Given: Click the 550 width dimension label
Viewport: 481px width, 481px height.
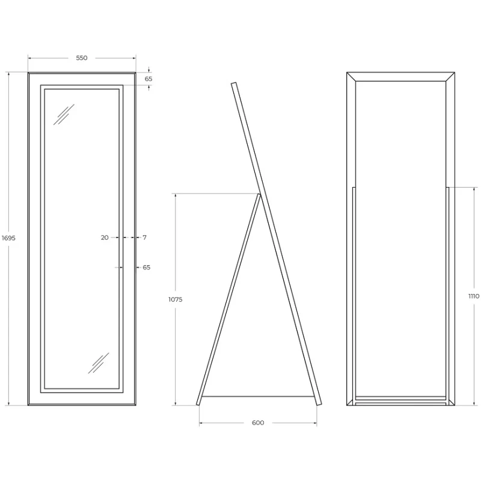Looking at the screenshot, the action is click(x=82, y=58).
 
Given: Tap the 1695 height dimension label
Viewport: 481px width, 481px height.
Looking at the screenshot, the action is click(x=8, y=237).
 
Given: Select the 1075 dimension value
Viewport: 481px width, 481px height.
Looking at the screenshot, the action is click(x=175, y=299).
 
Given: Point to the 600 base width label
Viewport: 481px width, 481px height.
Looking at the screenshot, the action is click(x=258, y=423).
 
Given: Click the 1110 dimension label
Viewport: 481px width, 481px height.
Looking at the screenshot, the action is click(x=474, y=296).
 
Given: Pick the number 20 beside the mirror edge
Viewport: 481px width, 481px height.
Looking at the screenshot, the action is click(x=105, y=237).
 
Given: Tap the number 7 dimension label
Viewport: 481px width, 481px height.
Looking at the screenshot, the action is click(x=145, y=237).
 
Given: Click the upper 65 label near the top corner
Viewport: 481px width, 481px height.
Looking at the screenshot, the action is click(x=149, y=79).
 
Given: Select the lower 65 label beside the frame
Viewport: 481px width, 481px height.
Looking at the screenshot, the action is click(x=147, y=268).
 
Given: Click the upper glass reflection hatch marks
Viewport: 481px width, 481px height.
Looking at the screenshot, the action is click(x=64, y=114).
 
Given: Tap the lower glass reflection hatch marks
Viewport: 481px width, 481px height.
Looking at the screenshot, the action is click(x=99, y=363).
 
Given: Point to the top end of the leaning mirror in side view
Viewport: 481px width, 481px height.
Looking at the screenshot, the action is click(x=234, y=83).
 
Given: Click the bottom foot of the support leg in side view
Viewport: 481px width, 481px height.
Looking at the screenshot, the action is click(x=198, y=403).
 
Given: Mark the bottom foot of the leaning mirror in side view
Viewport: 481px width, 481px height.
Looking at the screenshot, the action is click(x=319, y=403).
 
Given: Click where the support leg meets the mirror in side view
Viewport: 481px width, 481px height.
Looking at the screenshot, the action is click(x=259, y=194).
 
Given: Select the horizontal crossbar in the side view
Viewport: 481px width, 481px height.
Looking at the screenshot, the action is click(x=257, y=396).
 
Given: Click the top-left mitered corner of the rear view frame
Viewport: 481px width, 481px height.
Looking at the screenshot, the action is click(x=351, y=77).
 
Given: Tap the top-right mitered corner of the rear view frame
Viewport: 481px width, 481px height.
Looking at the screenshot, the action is click(x=450, y=77).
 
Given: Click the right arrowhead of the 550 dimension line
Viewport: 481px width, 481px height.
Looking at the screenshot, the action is click(x=133, y=58).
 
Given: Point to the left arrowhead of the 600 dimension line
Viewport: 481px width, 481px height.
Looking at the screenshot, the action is click(x=201, y=423).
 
